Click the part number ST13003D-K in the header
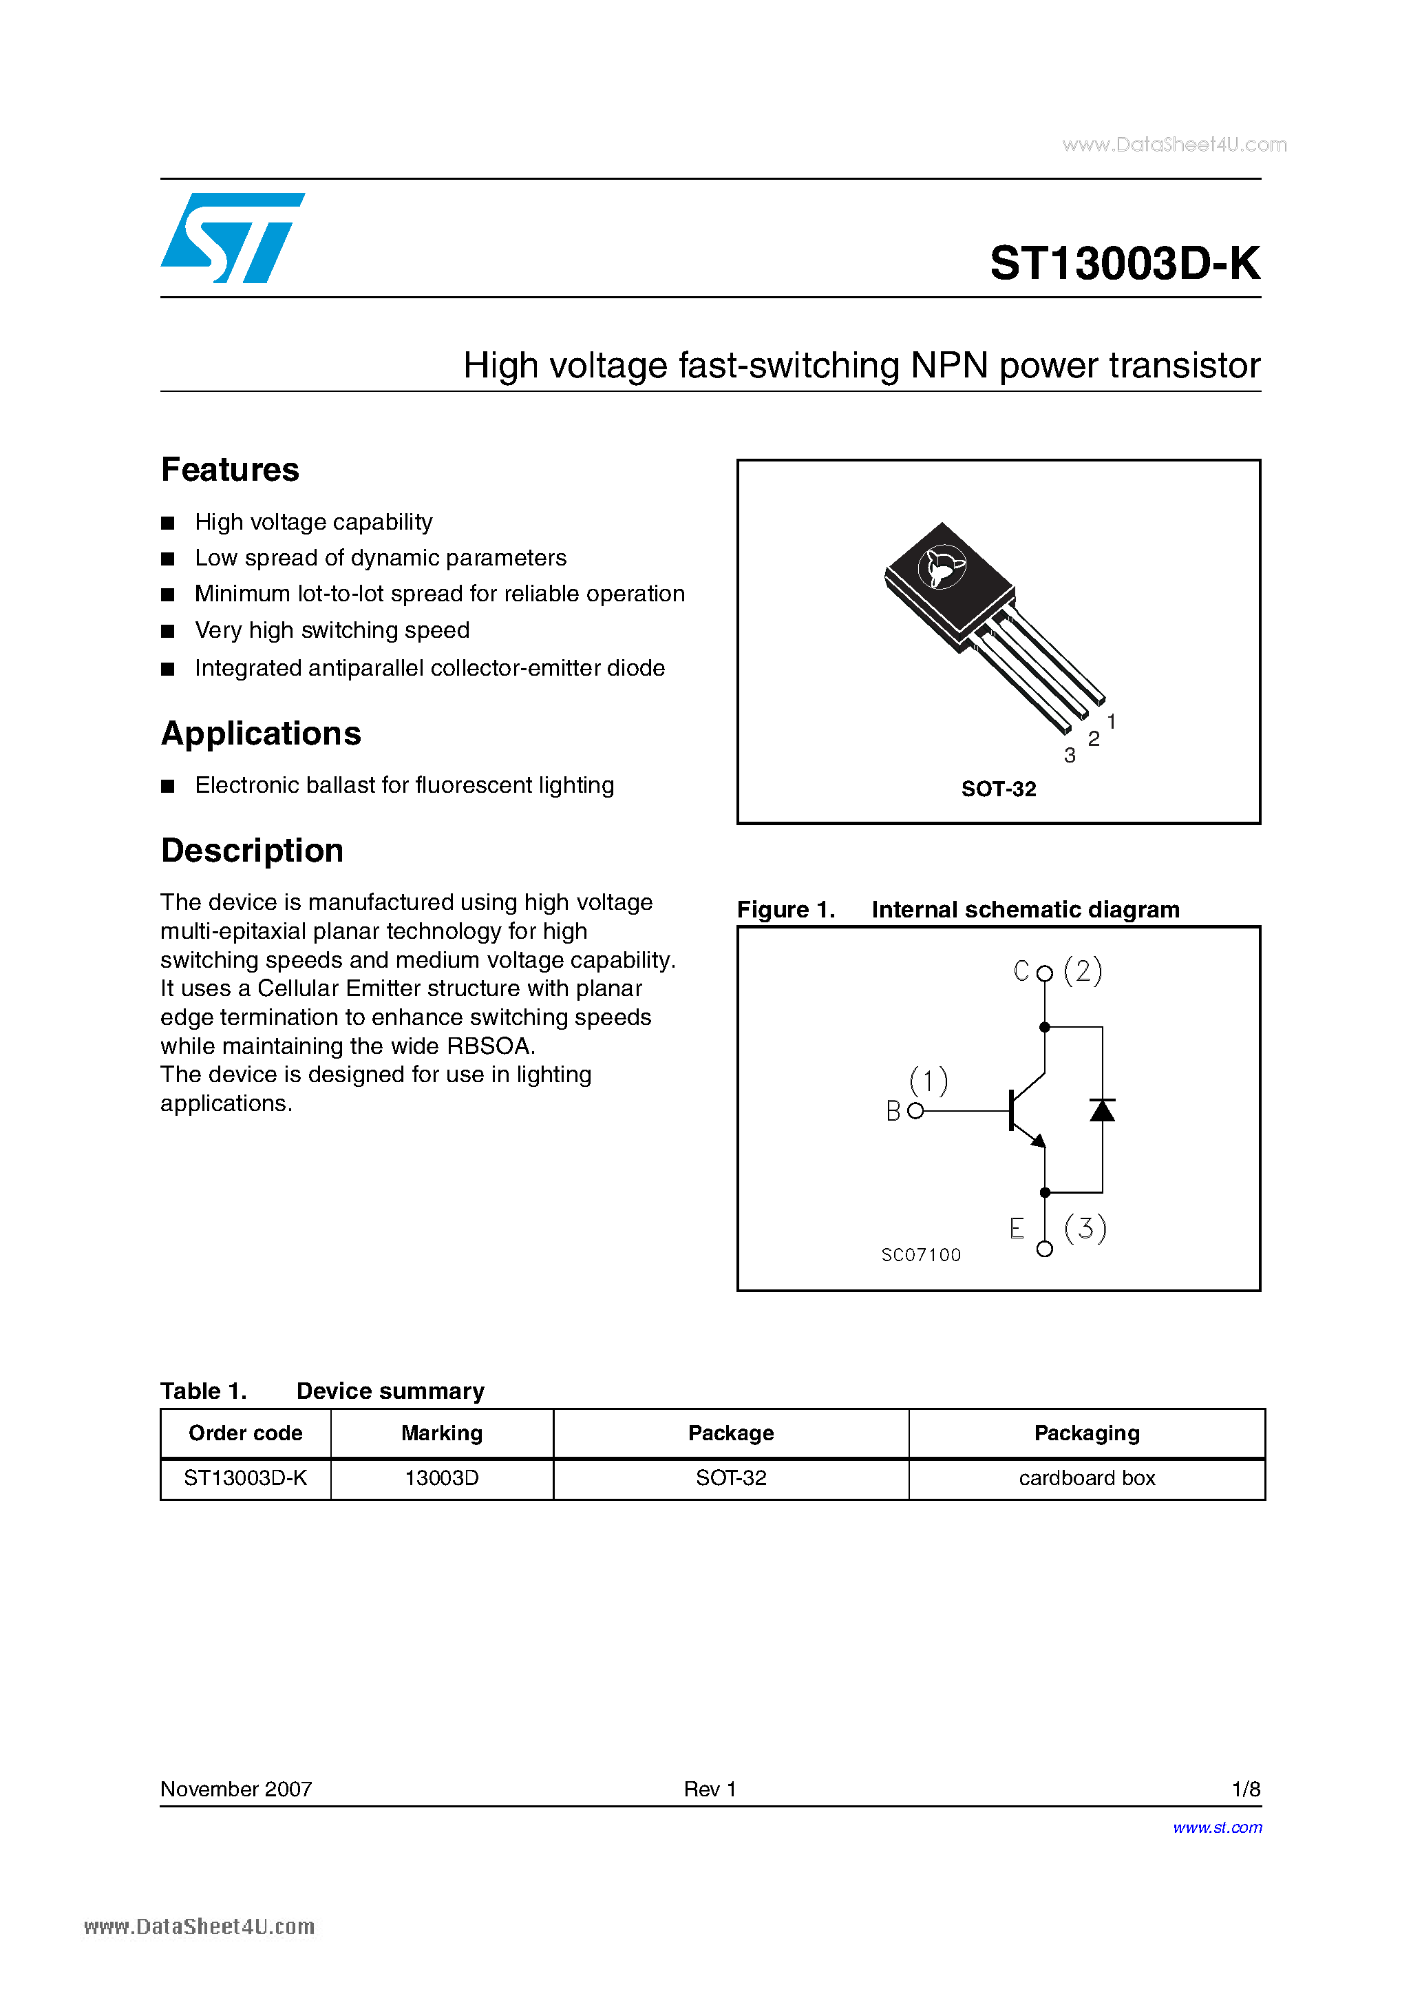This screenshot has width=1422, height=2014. click(1124, 263)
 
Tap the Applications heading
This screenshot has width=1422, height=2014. click(260, 734)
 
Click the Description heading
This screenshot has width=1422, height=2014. click(252, 851)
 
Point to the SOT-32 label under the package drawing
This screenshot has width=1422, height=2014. click(998, 789)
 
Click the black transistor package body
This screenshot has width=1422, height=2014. click(947, 579)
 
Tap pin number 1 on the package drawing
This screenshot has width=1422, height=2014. click(1111, 721)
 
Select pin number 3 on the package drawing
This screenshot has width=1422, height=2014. click(1069, 755)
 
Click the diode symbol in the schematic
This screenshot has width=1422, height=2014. click(1102, 1110)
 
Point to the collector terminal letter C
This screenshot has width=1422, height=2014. click(1021, 971)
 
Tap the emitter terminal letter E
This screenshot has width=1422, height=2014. click(1016, 1228)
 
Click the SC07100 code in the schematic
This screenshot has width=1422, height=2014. click(920, 1255)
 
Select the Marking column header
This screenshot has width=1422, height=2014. click(441, 1433)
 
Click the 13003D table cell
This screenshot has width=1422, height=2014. click(441, 1478)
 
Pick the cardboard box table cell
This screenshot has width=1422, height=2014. click(1086, 1478)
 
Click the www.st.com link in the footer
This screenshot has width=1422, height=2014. click(1217, 1827)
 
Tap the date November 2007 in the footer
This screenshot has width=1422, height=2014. click(236, 1789)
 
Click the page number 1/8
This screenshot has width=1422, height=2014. click(1245, 1789)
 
